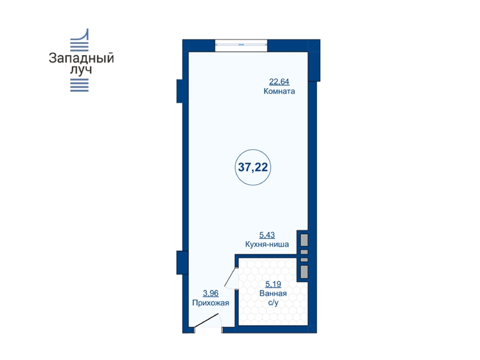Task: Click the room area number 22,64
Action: click(x=279, y=82)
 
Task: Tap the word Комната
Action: click(x=279, y=91)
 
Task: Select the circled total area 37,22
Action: click(x=253, y=167)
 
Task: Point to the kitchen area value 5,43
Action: click(x=267, y=235)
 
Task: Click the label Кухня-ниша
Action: click(x=267, y=244)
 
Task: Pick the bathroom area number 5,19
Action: click(x=273, y=284)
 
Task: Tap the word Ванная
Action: click(x=273, y=293)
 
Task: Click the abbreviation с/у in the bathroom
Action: click(x=274, y=303)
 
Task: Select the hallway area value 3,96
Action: click(x=211, y=293)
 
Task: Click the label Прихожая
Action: click(x=211, y=303)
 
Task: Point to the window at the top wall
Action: click(x=241, y=45)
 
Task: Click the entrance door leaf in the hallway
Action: click(x=206, y=320)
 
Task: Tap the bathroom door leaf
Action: click(x=230, y=278)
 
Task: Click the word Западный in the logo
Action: click(x=82, y=58)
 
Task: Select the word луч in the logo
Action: click(x=81, y=70)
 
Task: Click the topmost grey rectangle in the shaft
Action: click(x=304, y=239)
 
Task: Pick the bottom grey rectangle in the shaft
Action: click(x=304, y=272)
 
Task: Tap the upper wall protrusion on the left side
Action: click(x=179, y=91)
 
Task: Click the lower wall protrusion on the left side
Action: click(x=179, y=262)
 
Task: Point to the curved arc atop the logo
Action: click(x=84, y=36)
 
